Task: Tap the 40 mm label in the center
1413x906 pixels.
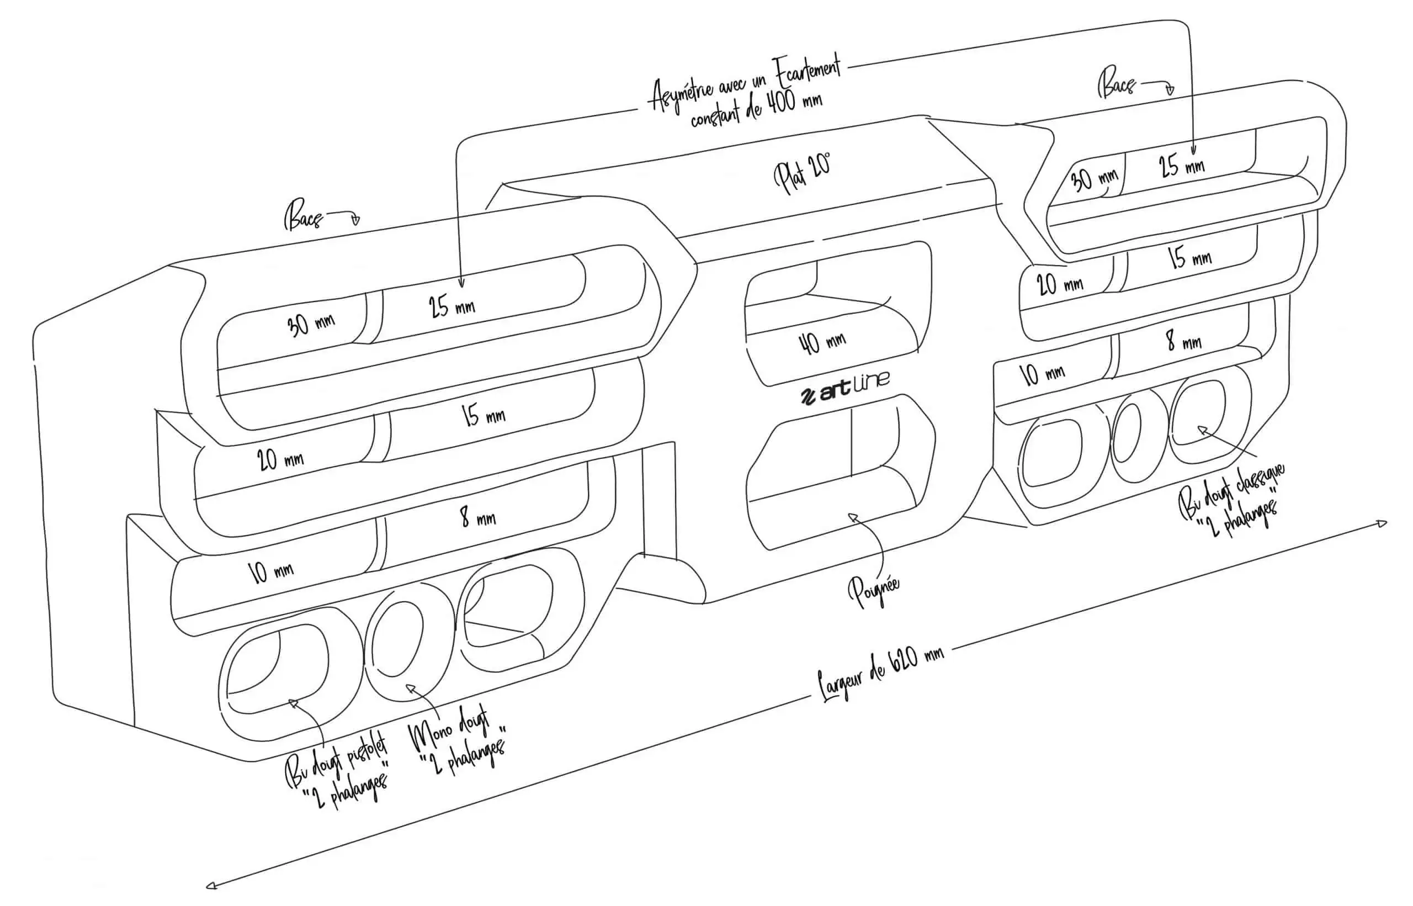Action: tap(822, 341)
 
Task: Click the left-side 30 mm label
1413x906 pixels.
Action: tap(310, 324)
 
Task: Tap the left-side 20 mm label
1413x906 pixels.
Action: tap(280, 458)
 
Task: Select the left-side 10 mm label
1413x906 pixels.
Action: tap(270, 571)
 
